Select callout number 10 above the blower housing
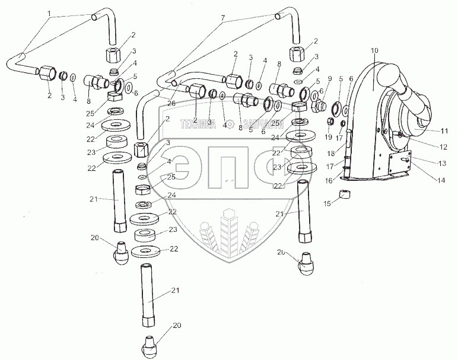click(x=374, y=50)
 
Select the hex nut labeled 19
click(x=330, y=123)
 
